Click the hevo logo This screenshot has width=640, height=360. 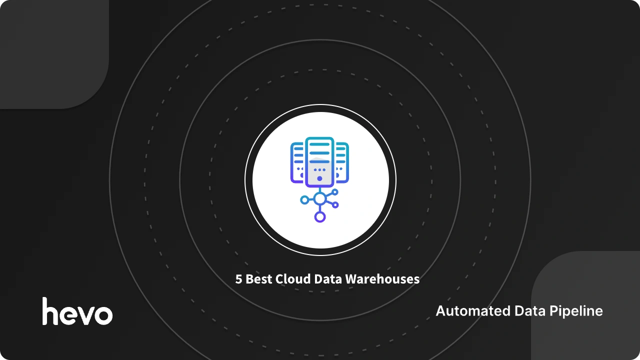[77, 311]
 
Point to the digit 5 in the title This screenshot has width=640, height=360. [239, 279]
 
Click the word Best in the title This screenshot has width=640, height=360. [259, 279]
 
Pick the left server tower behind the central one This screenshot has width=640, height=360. [297, 161]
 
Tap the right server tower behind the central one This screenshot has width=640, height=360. [342, 161]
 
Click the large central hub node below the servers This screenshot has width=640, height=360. [319, 198]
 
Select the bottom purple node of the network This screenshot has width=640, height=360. [319, 217]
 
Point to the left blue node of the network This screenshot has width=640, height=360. [304, 200]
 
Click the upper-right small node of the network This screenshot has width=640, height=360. [335, 192]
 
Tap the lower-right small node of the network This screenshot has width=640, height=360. [335, 204]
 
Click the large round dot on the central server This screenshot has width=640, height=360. [319, 178]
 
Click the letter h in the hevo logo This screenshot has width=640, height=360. [50, 311]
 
